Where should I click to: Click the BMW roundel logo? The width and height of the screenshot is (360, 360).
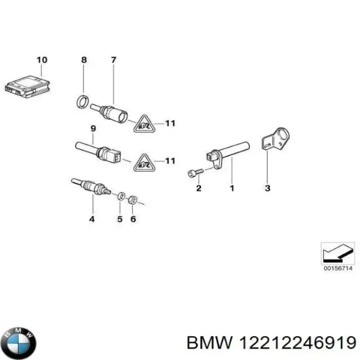(x=19, y=343)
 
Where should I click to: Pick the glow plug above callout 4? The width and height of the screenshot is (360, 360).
(x=91, y=187)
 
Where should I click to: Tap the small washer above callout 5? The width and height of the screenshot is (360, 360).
(x=121, y=196)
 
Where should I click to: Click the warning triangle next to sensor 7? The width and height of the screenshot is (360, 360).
(x=144, y=124)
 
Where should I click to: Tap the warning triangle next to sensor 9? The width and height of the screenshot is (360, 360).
(x=144, y=161)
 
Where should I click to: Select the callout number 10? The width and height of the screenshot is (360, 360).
(x=41, y=59)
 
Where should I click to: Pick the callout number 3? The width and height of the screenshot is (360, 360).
(x=268, y=189)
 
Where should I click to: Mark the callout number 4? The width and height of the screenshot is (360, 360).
(x=92, y=219)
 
